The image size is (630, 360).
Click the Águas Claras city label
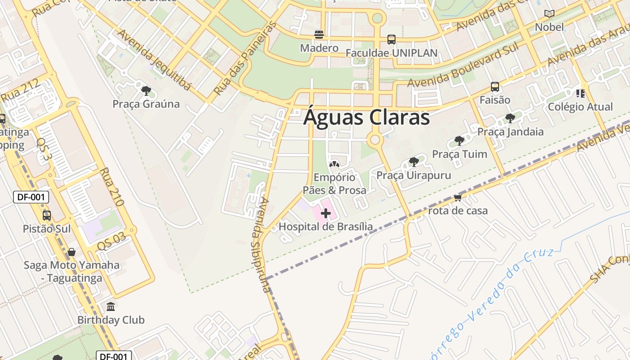pos(366,117)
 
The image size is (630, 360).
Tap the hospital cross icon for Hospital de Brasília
pos(326,213)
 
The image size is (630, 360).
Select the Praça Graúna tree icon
pos(146,91)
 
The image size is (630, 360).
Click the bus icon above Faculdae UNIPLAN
pos(391,40)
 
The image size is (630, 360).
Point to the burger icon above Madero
pos(319,34)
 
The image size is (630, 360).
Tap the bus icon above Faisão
pos(495,87)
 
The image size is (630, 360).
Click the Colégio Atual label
pos(580,107)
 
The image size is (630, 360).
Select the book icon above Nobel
pos(549,14)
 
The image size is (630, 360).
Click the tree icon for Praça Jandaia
pos(510,118)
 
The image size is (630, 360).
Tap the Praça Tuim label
pos(459,154)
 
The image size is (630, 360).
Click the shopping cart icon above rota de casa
pos(458,198)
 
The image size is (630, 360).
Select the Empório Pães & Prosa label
pos(334,184)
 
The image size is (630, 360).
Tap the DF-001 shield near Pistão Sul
pos(31,197)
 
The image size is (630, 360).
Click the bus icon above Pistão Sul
pos(47,216)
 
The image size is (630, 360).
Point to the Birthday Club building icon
pos(111,307)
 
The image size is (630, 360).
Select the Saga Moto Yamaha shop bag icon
pos(72,252)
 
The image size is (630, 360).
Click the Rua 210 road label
pos(112,187)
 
